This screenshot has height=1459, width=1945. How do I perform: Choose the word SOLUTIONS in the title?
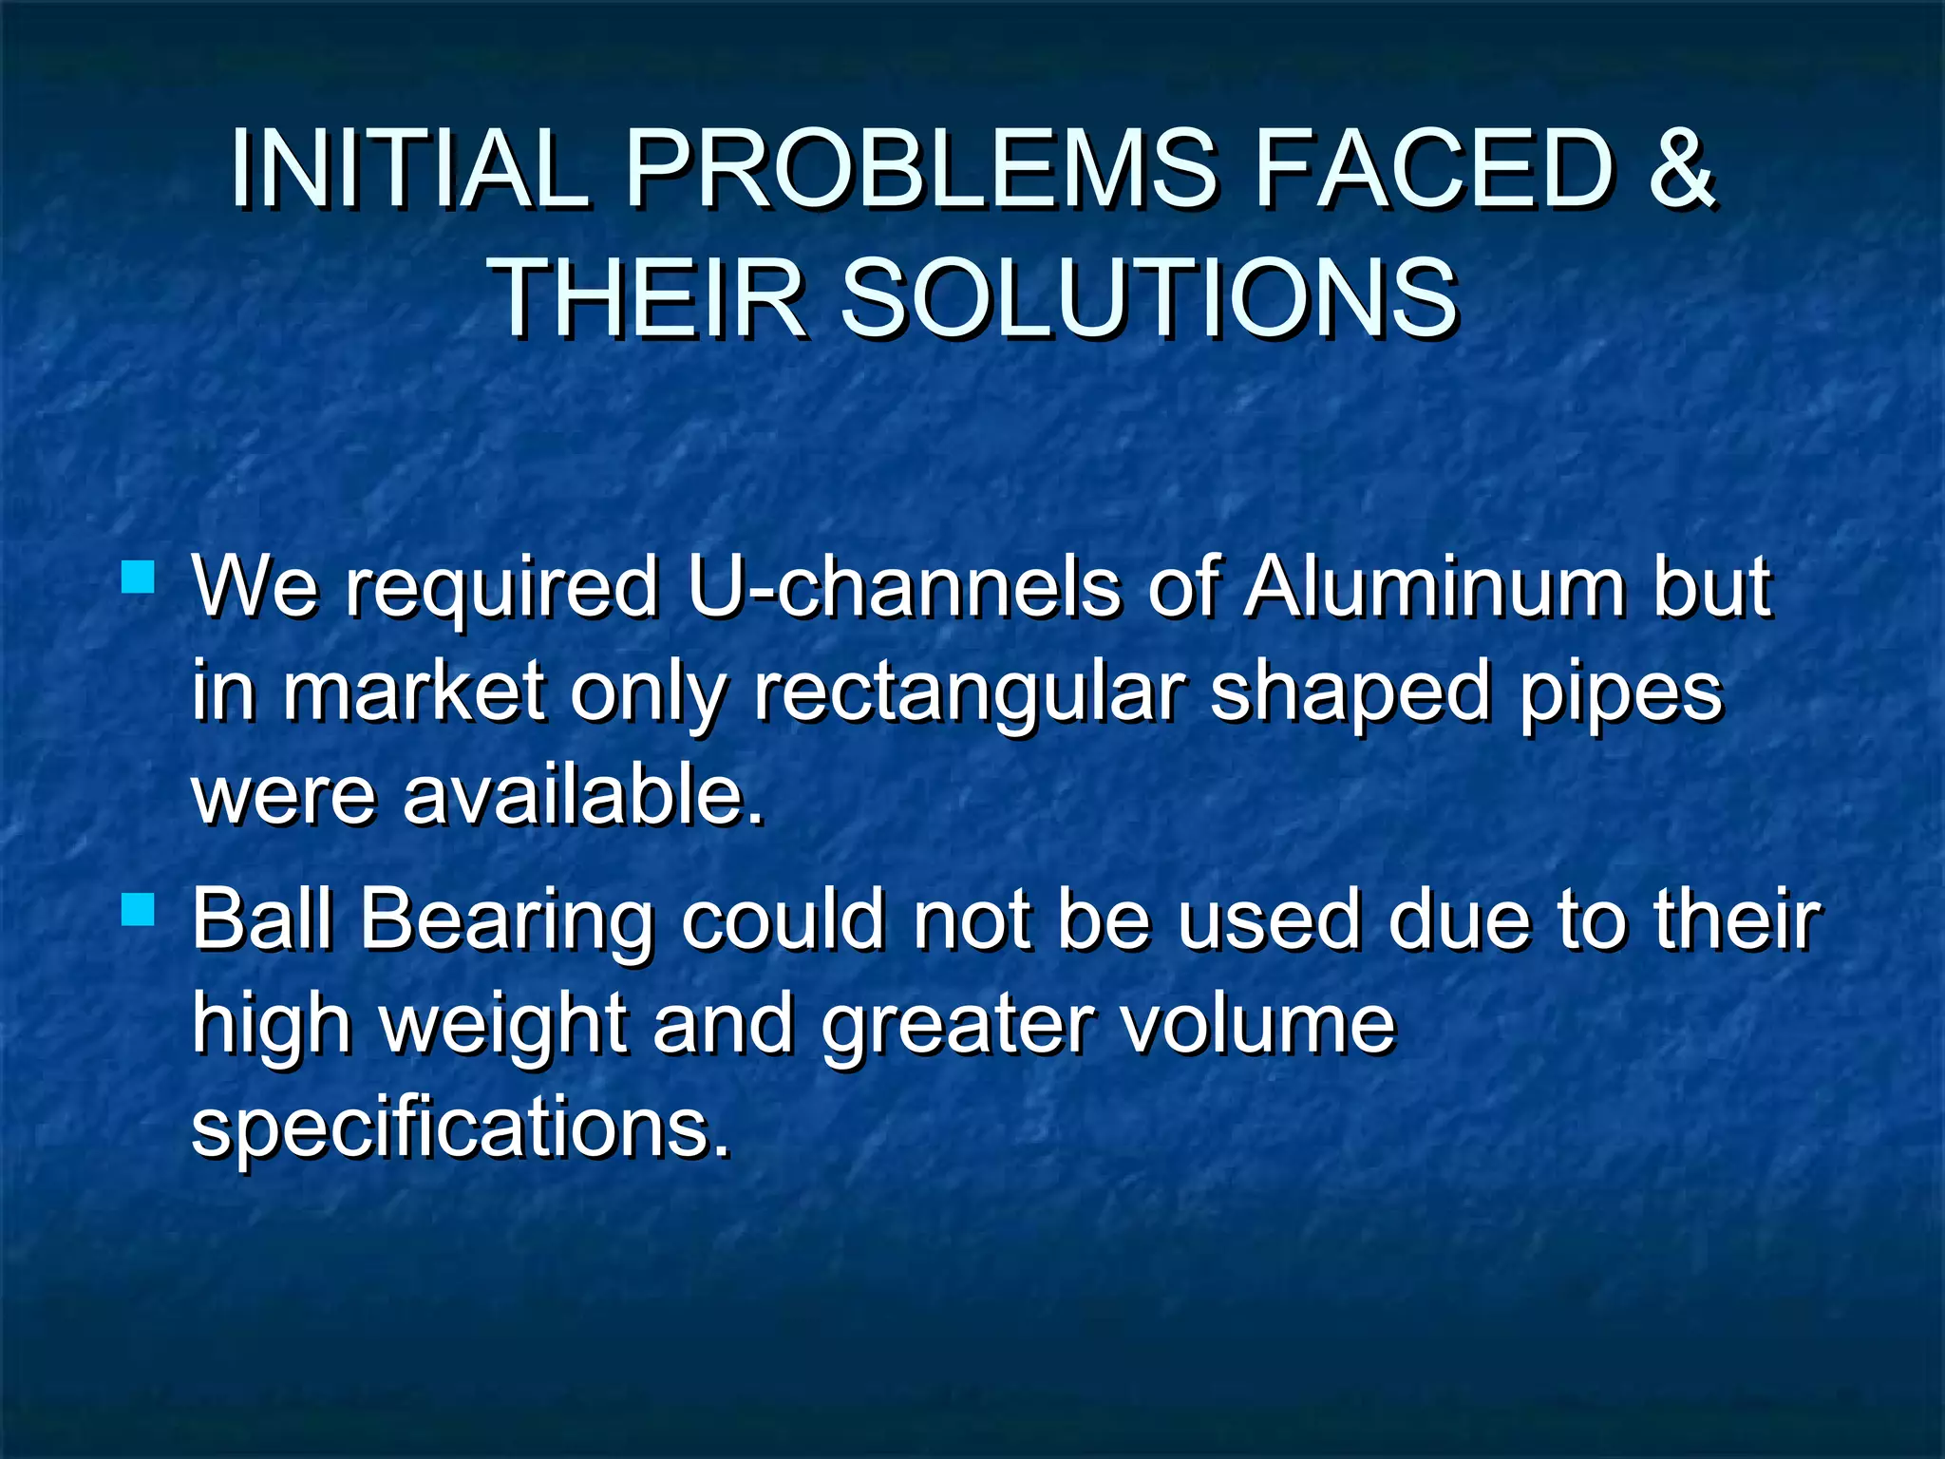pyautogui.click(x=1149, y=298)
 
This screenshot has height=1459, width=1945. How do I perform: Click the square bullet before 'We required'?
pyautogui.click(x=139, y=578)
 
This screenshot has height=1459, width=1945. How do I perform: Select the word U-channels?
pyautogui.click(x=903, y=586)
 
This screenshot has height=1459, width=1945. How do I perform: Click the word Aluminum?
pyautogui.click(x=1434, y=586)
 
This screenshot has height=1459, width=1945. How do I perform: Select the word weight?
pyautogui.click(x=503, y=1025)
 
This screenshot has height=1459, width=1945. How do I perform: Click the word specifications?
pyautogui.click(x=462, y=1127)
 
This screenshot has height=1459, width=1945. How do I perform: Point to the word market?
pyautogui.click(x=414, y=691)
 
